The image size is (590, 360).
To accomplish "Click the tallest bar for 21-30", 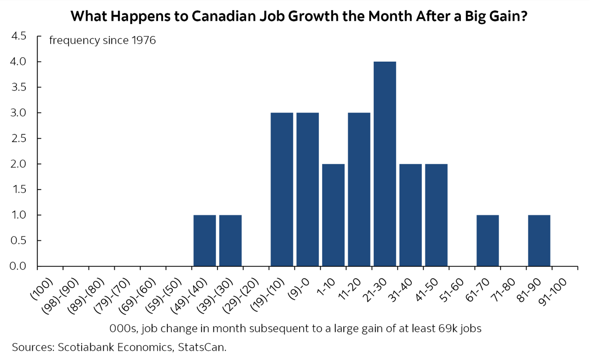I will (x=385, y=164).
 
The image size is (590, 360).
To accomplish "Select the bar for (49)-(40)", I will (x=205, y=240).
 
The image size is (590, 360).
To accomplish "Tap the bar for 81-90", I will (x=539, y=240).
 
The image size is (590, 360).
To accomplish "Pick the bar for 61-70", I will (x=488, y=240).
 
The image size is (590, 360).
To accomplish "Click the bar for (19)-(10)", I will (x=282, y=189).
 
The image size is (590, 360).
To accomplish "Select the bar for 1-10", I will (x=333, y=215).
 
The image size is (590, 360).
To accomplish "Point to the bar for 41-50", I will (x=436, y=215).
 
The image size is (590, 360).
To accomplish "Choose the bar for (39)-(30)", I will (x=230, y=240).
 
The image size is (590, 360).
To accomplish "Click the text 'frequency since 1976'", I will (x=102, y=41).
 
